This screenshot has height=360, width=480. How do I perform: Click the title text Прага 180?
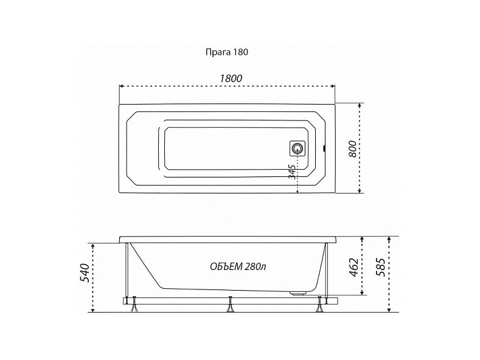[x=226, y=52]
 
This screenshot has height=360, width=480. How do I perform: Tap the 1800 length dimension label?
[x=231, y=78]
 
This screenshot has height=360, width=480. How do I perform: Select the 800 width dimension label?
[x=353, y=149]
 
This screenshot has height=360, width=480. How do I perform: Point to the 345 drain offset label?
[x=293, y=171]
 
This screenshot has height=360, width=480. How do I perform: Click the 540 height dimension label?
[x=84, y=272]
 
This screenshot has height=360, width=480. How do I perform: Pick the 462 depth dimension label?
[x=353, y=267]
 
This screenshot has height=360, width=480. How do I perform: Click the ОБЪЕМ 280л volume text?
[x=238, y=266]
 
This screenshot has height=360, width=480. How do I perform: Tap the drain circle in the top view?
[x=297, y=149]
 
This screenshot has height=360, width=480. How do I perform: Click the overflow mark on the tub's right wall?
[x=324, y=149]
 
